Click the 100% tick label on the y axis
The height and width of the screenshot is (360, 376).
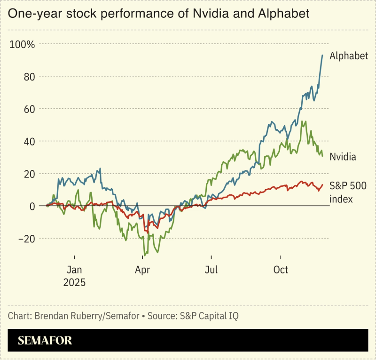tap(22, 45)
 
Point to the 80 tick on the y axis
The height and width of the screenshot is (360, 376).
tap(30, 77)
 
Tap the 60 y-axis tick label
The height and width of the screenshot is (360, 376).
tap(30, 109)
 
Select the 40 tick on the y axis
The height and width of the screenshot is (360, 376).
tap(30, 141)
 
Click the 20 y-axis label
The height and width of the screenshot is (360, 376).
tap(30, 174)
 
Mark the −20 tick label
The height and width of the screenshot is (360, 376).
tap(27, 239)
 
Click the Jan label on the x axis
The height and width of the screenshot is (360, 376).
tap(75, 270)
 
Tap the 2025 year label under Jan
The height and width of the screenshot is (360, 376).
tap(75, 282)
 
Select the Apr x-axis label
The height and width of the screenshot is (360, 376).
tap(142, 270)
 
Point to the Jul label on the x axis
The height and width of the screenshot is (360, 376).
tap(211, 270)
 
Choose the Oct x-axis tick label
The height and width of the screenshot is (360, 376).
tap(281, 270)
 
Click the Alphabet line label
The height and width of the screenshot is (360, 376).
tap(348, 56)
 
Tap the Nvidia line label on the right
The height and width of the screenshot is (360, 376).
tap(343, 157)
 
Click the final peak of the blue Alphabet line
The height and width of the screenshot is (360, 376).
tap(322, 55)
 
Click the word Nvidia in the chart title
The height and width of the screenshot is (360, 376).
tap(207, 14)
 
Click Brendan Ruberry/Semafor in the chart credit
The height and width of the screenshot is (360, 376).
tap(87, 316)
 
